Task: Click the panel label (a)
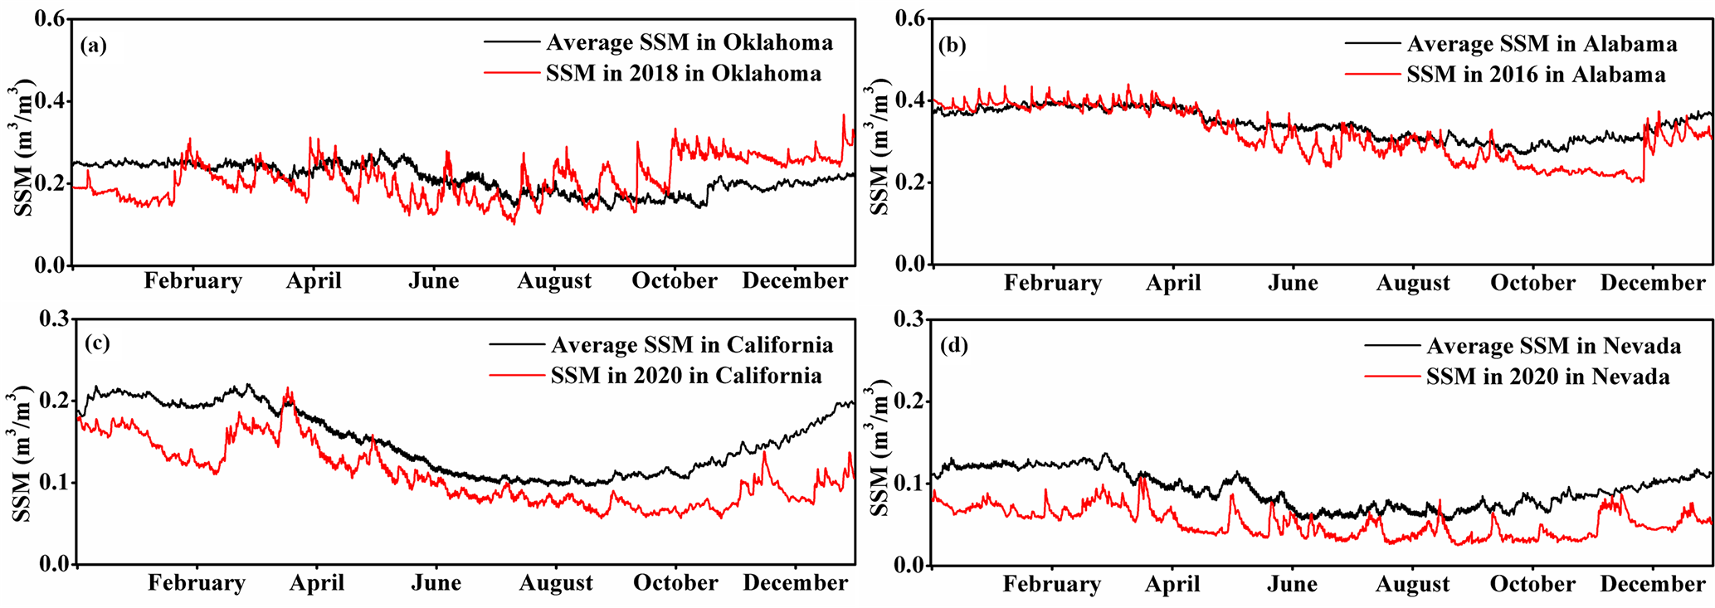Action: pos(94,45)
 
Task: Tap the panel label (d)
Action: pos(953,345)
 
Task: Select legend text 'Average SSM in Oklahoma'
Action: pos(689,42)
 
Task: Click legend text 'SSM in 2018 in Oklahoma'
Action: pos(683,73)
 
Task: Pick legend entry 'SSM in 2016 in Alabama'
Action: pos(1536,75)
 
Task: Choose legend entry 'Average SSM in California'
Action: pos(691,345)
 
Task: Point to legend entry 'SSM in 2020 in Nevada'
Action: pos(1547,377)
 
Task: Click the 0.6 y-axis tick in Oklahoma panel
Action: pos(50,19)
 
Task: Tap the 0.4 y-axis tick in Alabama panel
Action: pos(909,101)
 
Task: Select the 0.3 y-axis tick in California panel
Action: pos(52,319)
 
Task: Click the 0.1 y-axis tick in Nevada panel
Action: pos(909,484)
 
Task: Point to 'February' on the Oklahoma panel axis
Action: pos(192,281)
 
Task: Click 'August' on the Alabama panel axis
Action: pos(1413,283)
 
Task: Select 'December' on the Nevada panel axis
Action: pos(1652,584)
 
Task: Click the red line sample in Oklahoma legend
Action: pos(511,73)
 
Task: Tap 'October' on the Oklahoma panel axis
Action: pos(674,281)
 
